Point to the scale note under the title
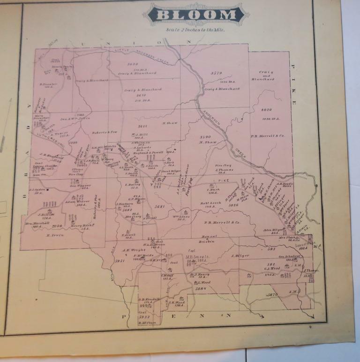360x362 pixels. click(195, 30)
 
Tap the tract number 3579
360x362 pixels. click(216, 73)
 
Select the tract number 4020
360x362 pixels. click(265, 110)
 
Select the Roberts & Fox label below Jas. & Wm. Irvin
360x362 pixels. click(104, 132)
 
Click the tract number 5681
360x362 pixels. click(161, 206)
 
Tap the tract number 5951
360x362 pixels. click(120, 261)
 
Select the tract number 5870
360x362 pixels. click(272, 294)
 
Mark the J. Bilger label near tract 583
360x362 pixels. click(240, 256)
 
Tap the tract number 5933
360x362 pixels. click(144, 317)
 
